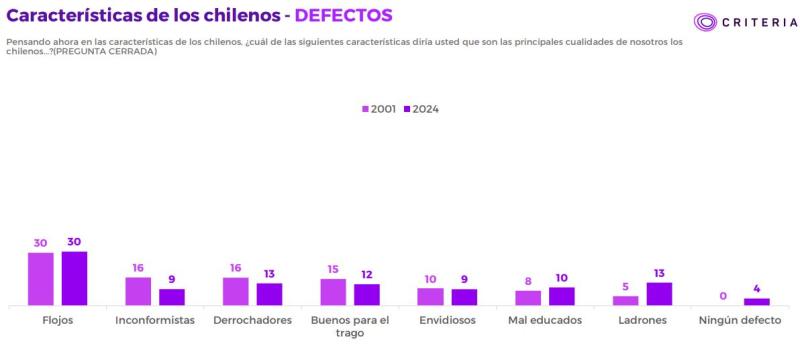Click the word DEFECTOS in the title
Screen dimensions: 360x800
[x=343, y=15]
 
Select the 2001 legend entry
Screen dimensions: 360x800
[x=379, y=109]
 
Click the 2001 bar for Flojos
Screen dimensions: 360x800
[x=41, y=278]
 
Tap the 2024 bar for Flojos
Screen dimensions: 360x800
[x=74, y=278]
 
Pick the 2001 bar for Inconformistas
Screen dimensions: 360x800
[x=138, y=291]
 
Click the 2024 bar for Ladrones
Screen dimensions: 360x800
[x=659, y=293]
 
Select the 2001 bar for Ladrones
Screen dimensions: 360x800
[x=626, y=300]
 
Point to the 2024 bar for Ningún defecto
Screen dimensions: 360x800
[x=757, y=301]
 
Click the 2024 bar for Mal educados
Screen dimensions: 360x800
[x=562, y=296]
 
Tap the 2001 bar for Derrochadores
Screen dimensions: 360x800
[x=236, y=291]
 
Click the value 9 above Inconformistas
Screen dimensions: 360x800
[x=172, y=279]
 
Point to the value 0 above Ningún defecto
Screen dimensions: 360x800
[x=723, y=295]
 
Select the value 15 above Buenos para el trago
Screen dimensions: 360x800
[x=333, y=269]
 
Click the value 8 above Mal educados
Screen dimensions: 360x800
[x=528, y=281]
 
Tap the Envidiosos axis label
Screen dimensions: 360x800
[x=448, y=320]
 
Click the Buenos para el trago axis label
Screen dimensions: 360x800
[x=350, y=326]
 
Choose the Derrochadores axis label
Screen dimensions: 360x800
[x=252, y=320]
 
